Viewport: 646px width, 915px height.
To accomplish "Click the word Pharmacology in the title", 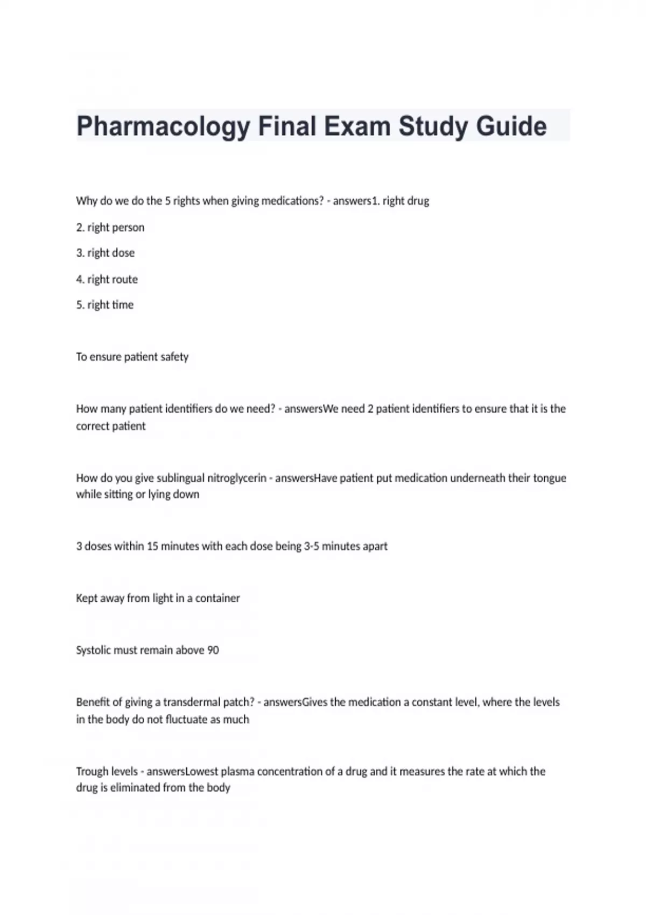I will tap(163, 127).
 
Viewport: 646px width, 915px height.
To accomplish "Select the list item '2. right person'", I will tap(110, 227).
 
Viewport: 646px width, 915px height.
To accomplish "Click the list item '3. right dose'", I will tap(106, 253).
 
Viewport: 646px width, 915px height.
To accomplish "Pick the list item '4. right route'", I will tap(107, 279).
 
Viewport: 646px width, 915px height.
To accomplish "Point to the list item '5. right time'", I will tap(105, 305).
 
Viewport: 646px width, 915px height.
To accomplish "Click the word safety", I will tap(174, 357).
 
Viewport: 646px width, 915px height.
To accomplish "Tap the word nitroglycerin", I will tap(237, 478).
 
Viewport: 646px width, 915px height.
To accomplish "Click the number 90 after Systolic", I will tap(213, 650).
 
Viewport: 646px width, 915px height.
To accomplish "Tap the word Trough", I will tap(92, 771).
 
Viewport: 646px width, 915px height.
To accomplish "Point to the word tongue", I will tap(550, 478).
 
